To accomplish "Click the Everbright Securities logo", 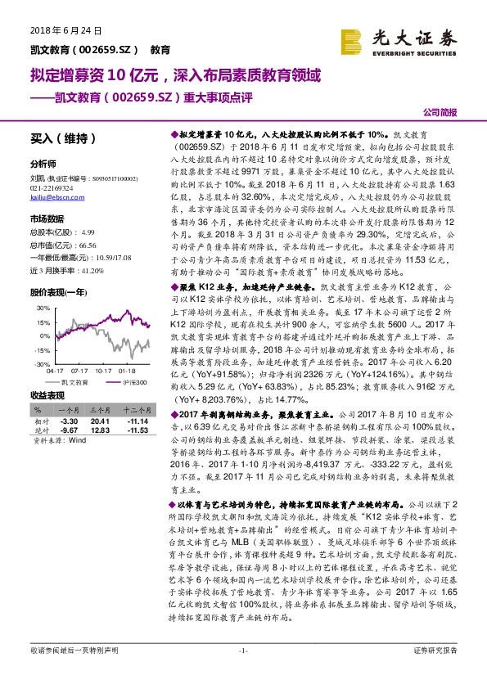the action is point(399,39).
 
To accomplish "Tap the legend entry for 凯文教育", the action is point(74,381).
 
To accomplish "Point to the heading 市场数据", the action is point(47,219).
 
